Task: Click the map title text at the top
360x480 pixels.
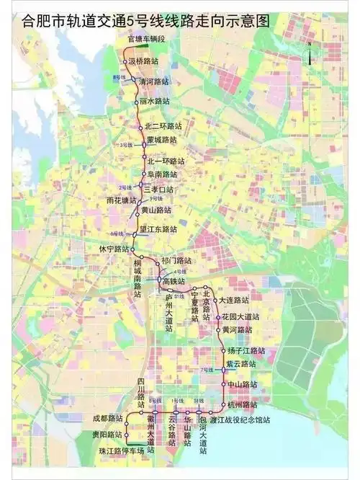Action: point(144,20)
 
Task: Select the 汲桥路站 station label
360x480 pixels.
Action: point(145,62)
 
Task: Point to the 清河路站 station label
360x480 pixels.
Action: point(153,81)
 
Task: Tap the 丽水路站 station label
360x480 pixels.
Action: point(154,102)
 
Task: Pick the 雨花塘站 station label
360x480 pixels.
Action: point(120,200)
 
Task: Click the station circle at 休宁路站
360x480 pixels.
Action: point(133,249)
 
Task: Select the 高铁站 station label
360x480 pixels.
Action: point(174,280)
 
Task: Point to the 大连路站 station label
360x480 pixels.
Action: point(233,299)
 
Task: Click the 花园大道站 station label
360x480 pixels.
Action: point(240,316)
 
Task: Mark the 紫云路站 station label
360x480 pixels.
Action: point(240,363)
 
